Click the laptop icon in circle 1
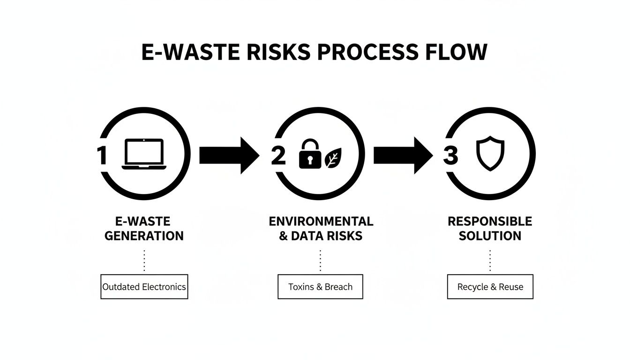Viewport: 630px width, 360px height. (x=143, y=154)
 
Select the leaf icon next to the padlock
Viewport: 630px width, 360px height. (x=333, y=157)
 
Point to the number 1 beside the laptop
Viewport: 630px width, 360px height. (x=102, y=155)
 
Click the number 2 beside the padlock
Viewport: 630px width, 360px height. (x=278, y=155)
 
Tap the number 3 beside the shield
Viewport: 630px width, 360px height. (x=450, y=155)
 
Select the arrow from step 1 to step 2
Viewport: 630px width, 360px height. (x=228, y=155)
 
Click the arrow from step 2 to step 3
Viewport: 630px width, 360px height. (x=402, y=155)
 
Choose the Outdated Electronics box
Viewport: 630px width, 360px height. (x=144, y=287)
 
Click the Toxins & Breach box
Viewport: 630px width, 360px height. (x=320, y=287)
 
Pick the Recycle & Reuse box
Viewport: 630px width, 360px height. (x=490, y=287)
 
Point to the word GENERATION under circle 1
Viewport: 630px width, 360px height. (x=144, y=236)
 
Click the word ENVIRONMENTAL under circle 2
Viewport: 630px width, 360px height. (x=321, y=221)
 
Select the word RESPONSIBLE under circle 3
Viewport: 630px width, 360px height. (x=490, y=221)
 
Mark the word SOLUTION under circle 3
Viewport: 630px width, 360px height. (x=490, y=236)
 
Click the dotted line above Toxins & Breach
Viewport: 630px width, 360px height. (x=320, y=261)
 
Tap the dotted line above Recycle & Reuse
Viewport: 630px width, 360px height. (x=490, y=261)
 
